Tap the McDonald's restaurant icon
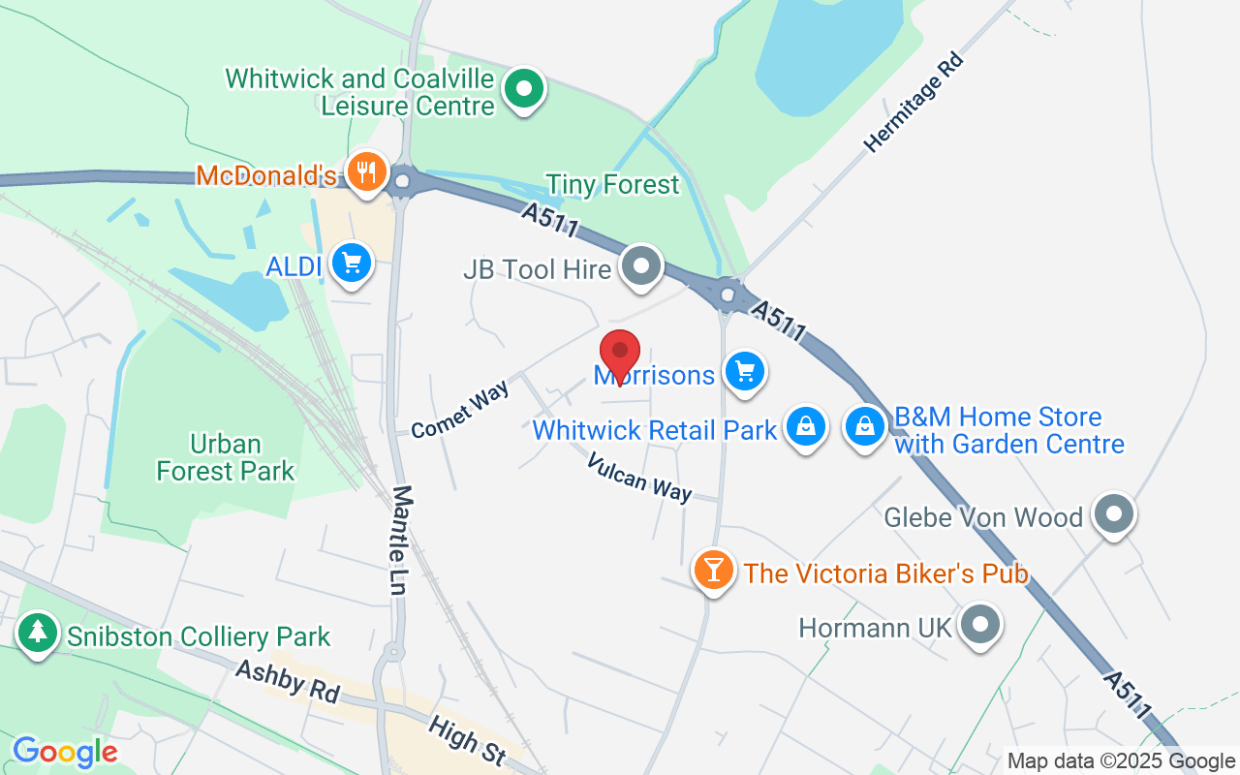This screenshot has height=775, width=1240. click(x=366, y=172)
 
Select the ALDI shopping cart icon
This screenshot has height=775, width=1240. click(x=351, y=263)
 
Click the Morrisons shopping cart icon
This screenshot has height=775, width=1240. click(x=744, y=372)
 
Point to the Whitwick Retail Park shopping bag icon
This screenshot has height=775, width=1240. click(x=805, y=426)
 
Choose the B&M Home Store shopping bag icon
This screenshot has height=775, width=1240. click(x=865, y=426)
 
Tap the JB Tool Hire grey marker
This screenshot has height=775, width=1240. click(x=640, y=265)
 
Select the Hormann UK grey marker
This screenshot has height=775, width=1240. click(x=979, y=625)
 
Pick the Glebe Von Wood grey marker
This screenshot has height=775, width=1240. click(x=1113, y=514)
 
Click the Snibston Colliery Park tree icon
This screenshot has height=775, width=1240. click(x=38, y=634)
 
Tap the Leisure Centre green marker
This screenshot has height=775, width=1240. click(x=524, y=90)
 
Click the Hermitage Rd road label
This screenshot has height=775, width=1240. click(x=914, y=103)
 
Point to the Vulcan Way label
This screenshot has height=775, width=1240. click(x=638, y=477)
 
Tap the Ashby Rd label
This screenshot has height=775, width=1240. click(x=288, y=680)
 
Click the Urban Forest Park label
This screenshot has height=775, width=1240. click(x=226, y=458)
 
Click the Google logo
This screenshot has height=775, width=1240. click(x=65, y=752)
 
